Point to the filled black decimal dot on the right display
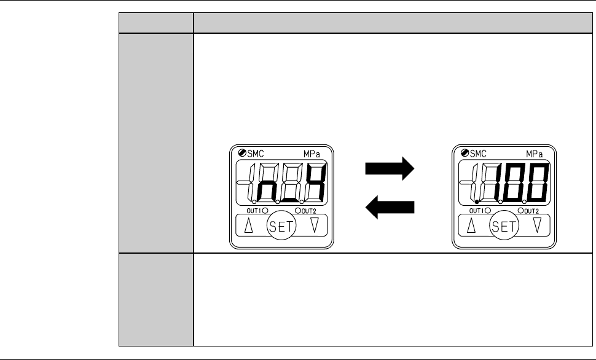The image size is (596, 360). [x=477, y=202]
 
